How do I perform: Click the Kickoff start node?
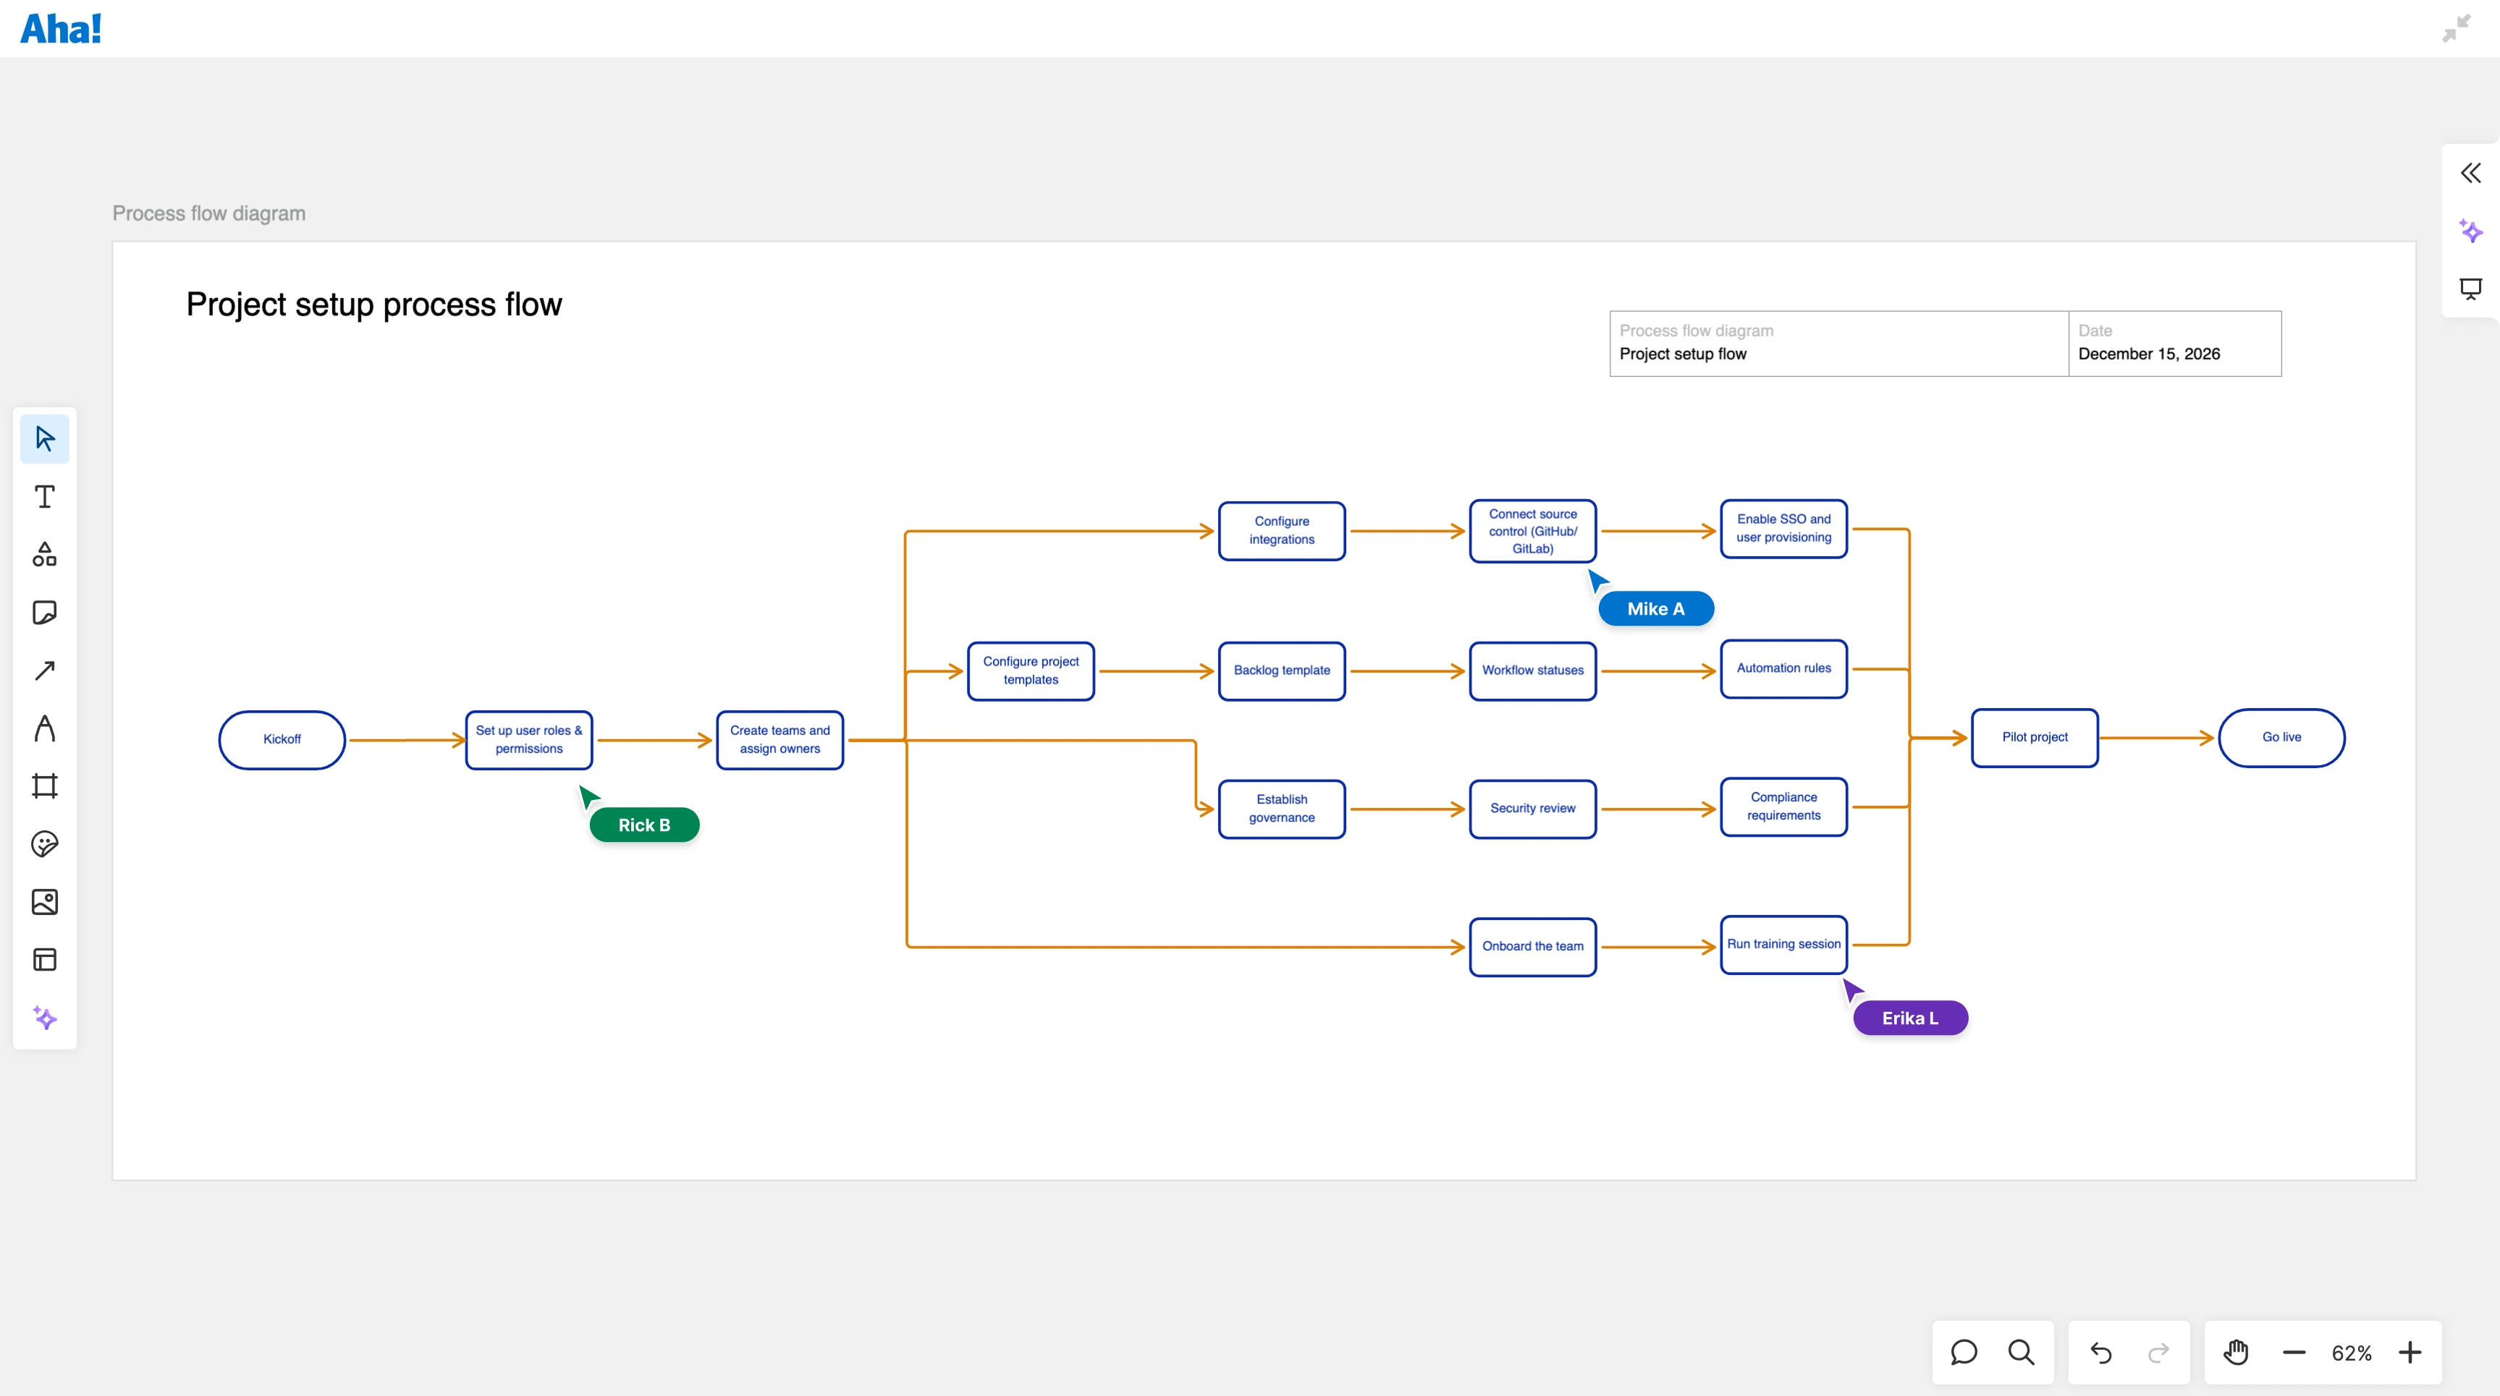[282, 739]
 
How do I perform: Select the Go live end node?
[2281, 737]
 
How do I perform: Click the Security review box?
[1532, 808]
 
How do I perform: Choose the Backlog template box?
[1281, 671]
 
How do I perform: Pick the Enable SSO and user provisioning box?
[1783, 529]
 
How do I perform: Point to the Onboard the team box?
[1532, 946]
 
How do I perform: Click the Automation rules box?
[1783, 668]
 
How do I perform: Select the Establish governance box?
[1281, 808]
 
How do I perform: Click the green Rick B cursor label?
[644, 825]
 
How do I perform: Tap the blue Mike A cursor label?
[1655, 608]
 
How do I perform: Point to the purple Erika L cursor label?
[1910, 1018]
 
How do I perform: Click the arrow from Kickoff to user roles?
[405, 740]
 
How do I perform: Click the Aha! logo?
[61, 29]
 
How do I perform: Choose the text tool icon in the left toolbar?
[45, 497]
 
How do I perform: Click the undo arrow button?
[2100, 1353]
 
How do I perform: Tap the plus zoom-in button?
[2410, 1353]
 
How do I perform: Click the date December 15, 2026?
[2149, 354]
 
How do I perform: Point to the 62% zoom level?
[2351, 1353]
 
